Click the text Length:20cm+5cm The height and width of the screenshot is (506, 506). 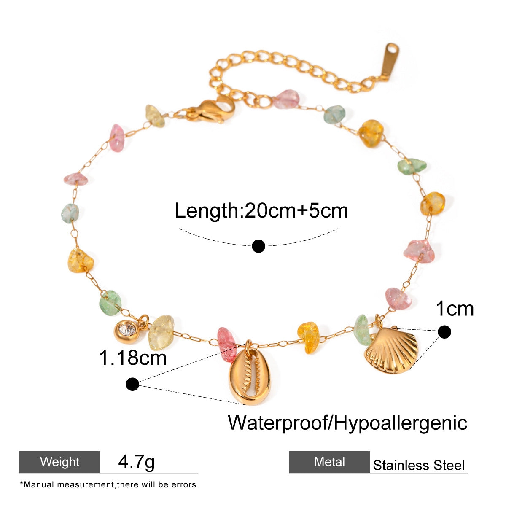[261, 210]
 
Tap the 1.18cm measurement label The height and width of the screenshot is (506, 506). [133, 358]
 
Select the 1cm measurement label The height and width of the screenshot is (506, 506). [455, 309]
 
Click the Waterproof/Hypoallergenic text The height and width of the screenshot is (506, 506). [347, 422]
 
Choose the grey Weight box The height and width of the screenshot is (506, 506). [60, 462]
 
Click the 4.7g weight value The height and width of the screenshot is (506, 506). [136, 461]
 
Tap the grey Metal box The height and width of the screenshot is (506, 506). [329, 462]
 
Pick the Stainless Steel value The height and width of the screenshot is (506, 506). [419, 466]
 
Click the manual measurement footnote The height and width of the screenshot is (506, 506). [108, 484]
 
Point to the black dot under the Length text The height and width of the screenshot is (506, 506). [258, 246]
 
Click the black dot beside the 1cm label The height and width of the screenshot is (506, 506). [444, 332]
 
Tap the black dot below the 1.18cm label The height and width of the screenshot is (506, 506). [133, 384]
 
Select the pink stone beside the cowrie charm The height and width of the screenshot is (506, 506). [227, 344]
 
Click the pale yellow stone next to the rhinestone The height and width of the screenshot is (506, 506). [161, 332]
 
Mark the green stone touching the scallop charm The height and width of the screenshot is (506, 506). [362, 330]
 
